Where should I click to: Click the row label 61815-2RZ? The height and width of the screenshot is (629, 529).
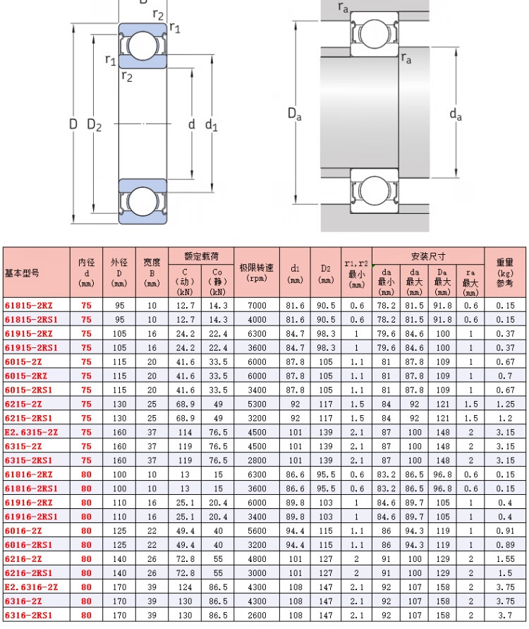click(28, 306)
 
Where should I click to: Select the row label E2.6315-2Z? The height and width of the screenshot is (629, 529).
click(31, 433)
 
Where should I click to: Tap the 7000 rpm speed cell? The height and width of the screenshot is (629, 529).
click(257, 306)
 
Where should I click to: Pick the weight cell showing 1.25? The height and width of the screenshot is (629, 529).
click(505, 405)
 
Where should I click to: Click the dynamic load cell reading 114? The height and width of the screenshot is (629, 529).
click(185, 433)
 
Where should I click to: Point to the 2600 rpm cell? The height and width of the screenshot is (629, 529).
click(257, 616)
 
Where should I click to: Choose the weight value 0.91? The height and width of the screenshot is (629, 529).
click(505, 531)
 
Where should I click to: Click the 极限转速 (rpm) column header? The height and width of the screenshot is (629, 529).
click(257, 272)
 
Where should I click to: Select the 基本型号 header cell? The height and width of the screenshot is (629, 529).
click(22, 273)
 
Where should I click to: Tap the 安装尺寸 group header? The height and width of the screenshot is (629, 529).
click(428, 256)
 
